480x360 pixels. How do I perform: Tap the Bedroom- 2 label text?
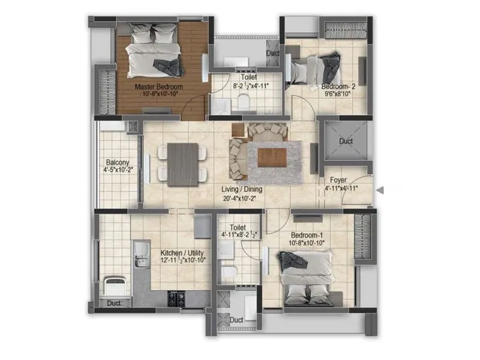click(x=339, y=87)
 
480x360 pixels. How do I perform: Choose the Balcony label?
click(x=118, y=163)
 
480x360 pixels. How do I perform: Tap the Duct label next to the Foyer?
click(x=346, y=142)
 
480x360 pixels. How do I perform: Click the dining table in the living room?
click(x=182, y=164)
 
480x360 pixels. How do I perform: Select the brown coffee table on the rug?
click(x=272, y=157)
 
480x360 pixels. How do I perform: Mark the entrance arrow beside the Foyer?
click(x=379, y=190)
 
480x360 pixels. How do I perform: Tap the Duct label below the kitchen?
click(x=114, y=304)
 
